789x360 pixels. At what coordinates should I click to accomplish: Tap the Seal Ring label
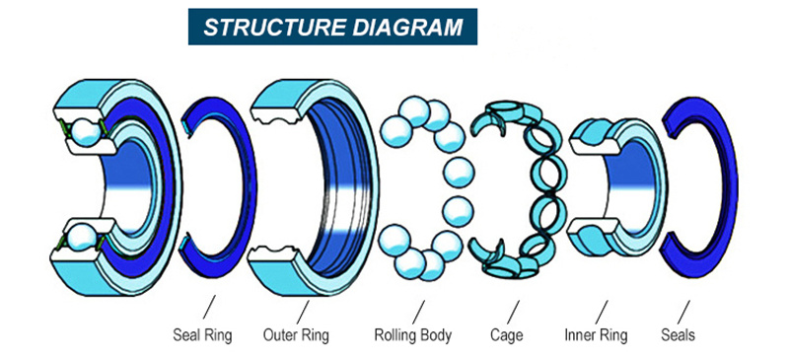pyautogui.click(x=202, y=335)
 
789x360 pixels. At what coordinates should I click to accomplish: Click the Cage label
pyautogui.click(x=506, y=335)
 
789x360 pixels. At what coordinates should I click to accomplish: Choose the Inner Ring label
pyautogui.click(x=595, y=335)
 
